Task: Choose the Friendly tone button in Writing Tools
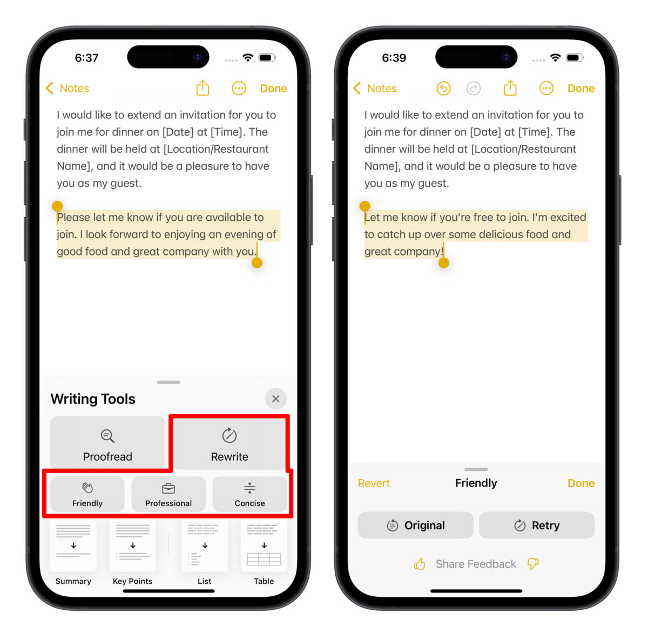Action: pos(87,494)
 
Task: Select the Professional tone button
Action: pos(168,494)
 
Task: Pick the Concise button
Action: pos(249,494)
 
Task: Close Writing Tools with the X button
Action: pos(276,399)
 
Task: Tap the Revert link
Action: pos(374,483)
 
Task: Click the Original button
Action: pos(415,526)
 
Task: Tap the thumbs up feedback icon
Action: pos(420,564)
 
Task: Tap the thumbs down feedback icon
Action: pos(533,564)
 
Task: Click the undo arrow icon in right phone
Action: pos(443,88)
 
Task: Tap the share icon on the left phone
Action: pos(202,88)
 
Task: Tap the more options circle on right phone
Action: pos(546,88)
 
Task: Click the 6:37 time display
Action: pos(86,58)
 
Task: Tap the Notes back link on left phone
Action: pos(67,89)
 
